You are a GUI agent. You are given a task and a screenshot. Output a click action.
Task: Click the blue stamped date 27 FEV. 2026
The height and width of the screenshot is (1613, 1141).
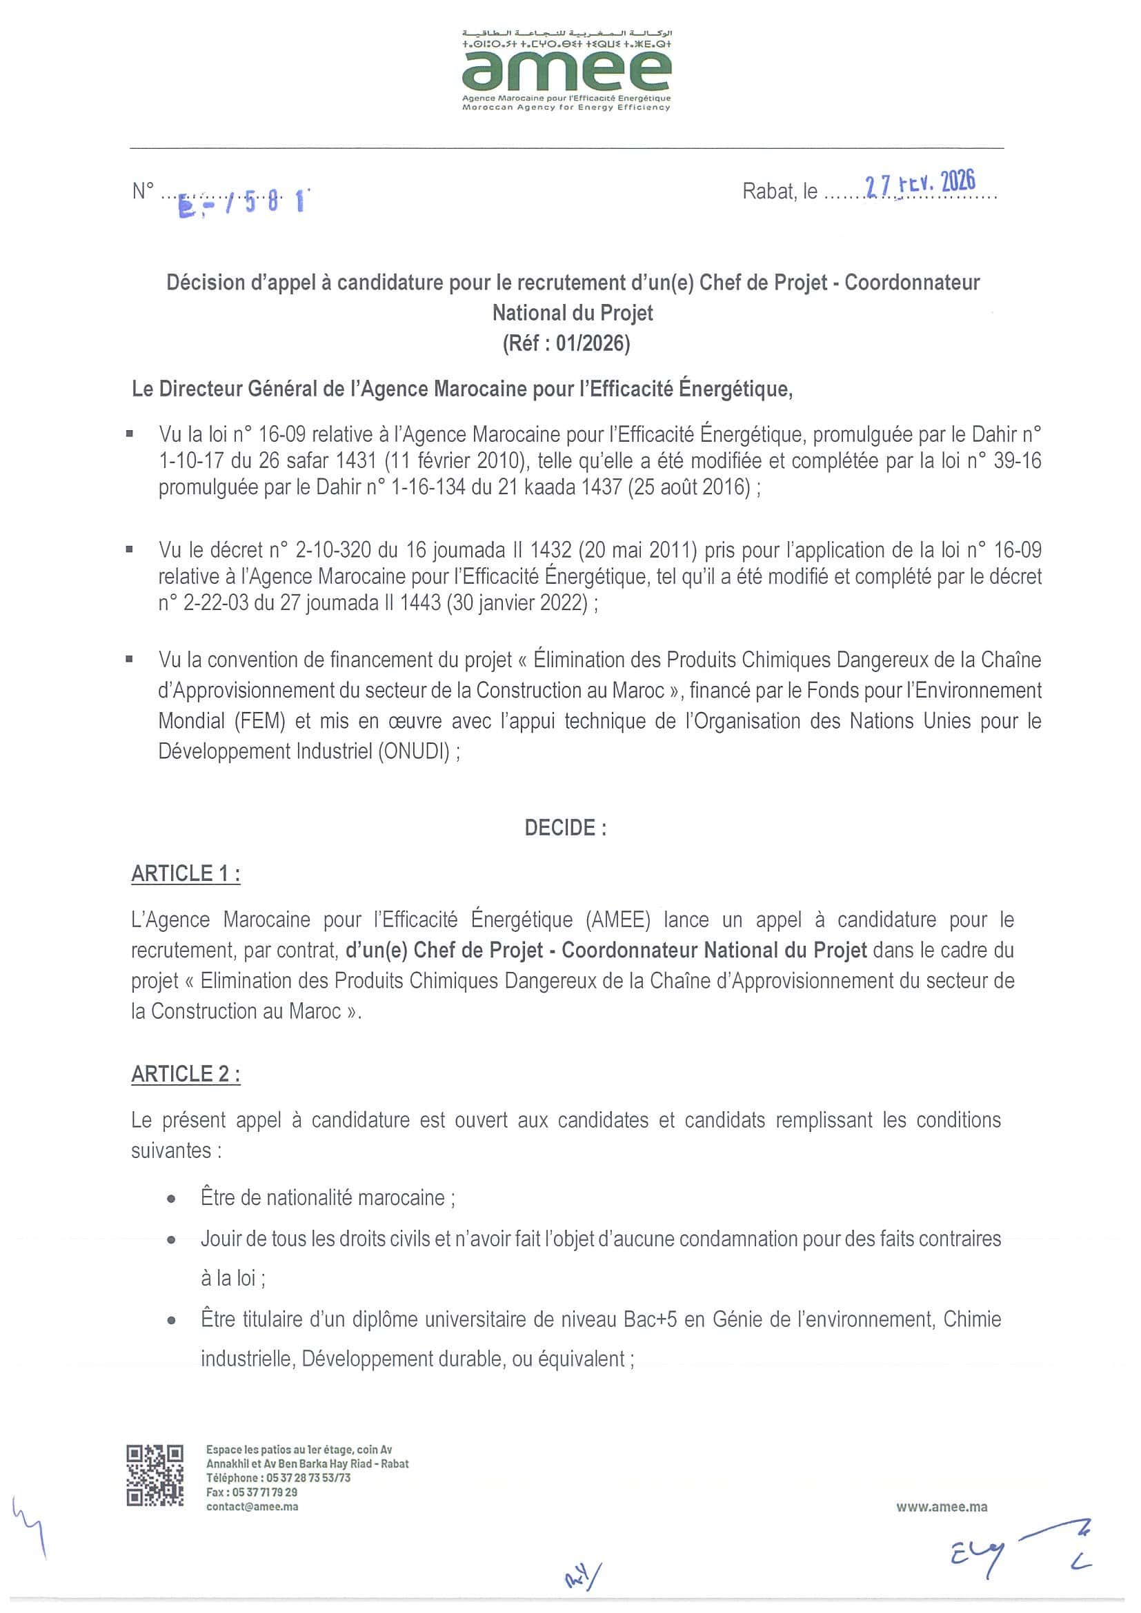pyautogui.click(x=920, y=183)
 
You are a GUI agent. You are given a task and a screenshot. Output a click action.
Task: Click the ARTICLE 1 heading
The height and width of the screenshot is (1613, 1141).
pyautogui.click(x=186, y=873)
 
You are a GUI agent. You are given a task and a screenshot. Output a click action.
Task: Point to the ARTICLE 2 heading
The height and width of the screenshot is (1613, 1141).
pyautogui.click(x=186, y=1074)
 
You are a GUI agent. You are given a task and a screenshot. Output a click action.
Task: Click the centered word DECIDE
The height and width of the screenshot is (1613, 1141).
pyautogui.click(x=564, y=828)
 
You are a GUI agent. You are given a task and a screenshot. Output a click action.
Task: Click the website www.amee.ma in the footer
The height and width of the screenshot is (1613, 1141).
pyautogui.click(x=942, y=1506)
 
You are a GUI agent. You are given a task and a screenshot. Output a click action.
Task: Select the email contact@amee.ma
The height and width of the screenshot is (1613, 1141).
pyautogui.click(x=252, y=1506)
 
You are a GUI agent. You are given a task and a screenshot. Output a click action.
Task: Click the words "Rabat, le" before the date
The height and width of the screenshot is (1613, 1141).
pyautogui.click(x=780, y=192)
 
